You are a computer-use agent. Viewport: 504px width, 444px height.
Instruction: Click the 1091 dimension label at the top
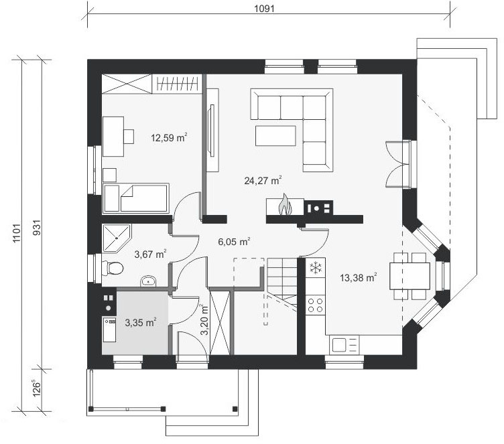pos(264,9)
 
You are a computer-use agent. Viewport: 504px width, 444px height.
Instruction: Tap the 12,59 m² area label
pos(169,137)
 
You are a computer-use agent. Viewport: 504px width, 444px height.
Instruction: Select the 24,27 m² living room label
pos(263,180)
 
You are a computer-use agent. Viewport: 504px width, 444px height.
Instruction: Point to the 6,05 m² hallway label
pos(234,241)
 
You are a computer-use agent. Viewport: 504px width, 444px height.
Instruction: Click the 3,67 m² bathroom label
pos(150,254)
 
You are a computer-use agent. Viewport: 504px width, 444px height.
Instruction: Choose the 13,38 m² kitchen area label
pos(359,277)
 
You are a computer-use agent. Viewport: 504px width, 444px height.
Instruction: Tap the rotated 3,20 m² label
pos(204,320)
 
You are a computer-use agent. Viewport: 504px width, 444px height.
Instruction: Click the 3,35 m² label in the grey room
pos(141,322)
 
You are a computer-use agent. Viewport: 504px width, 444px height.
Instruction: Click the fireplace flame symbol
pos(285,204)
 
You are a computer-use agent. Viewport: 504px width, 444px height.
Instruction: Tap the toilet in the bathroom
pos(112,268)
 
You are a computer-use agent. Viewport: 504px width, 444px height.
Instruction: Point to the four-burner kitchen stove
pos(315,305)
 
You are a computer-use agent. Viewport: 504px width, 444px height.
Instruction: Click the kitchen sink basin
pos(338,345)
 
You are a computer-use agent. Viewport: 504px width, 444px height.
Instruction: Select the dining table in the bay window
pos(409,276)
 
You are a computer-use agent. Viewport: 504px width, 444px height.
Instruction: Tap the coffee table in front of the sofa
pos(275,135)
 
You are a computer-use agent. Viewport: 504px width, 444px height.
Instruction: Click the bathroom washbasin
pos(148,281)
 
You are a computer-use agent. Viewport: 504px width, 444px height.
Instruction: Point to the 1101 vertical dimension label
pos(17,233)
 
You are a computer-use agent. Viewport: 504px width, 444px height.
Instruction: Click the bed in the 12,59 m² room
pos(135,198)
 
